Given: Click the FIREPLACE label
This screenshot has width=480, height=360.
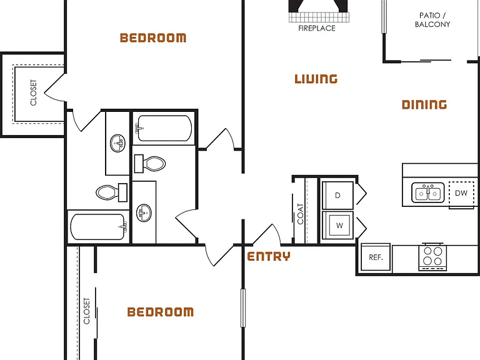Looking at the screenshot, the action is (317, 28).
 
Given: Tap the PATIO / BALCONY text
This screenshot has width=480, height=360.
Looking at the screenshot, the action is (432, 20).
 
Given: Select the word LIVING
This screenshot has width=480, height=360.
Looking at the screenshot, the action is (316, 79).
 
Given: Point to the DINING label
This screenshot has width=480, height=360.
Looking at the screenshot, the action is (424, 105).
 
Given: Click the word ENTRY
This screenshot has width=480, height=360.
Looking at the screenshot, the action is (269, 256).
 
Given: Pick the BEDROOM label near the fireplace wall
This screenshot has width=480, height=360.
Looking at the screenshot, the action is (153, 37).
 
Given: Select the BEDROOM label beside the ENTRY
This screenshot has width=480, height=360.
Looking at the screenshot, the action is (161, 312).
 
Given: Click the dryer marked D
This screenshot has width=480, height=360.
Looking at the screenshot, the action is (337, 195).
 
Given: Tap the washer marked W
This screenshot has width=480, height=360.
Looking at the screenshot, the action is (337, 225).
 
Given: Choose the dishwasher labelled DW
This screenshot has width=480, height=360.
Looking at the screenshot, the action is (461, 193).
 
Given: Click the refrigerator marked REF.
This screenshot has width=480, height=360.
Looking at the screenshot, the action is (376, 257).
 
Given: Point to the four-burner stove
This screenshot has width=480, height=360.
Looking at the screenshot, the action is (433, 256).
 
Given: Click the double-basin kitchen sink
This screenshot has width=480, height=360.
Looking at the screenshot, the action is (428, 192).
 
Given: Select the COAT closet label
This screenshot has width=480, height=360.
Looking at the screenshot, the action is (300, 214).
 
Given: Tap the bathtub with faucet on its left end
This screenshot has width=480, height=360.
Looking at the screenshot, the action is (164, 128).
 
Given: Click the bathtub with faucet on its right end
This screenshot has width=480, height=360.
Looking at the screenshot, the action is (99, 227).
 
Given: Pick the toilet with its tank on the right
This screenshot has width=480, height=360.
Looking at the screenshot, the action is (111, 192).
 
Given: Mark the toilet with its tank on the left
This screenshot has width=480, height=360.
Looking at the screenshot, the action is (150, 164).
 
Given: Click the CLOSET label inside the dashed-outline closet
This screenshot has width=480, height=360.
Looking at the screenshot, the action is (33, 92).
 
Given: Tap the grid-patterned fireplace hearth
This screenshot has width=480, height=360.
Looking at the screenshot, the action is (319, 17).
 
